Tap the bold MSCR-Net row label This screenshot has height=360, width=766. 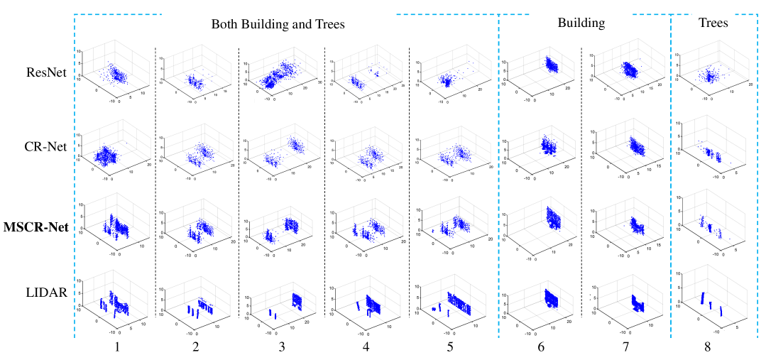[x=40, y=227]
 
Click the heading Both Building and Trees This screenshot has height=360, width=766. [x=278, y=24]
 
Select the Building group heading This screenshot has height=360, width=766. [x=581, y=23]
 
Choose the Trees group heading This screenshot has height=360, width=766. [x=713, y=23]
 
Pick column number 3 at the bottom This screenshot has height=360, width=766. [x=281, y=349]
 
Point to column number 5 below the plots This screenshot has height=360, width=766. [x=450, y=349]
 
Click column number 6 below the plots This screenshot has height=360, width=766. [x=541, y=349]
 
